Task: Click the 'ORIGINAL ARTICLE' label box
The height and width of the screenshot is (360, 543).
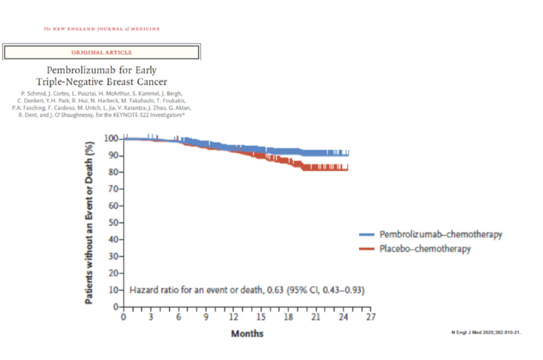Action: (102, 52)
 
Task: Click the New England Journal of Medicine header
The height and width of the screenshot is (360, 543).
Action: (102, 29)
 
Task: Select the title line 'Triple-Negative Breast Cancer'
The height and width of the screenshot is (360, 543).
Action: (102, 82)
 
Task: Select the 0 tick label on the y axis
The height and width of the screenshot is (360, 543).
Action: (116, 306)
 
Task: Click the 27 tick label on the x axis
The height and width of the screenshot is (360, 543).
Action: (372, 317)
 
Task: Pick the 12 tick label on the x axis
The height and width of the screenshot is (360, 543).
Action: (234, 317)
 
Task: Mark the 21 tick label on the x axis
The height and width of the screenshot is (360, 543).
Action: (316, 317)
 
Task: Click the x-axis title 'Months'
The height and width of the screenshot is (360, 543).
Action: (247, 333)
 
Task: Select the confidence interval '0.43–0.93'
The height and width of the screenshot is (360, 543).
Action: (342, 290)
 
